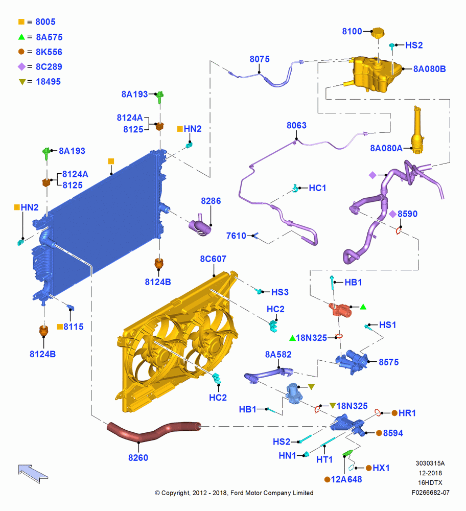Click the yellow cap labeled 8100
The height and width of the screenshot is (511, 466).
pyautogui.click(x=378, y=33)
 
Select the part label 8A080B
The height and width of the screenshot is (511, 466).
pyautogui.click(x=430, y=69)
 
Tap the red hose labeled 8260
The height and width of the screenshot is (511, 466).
pyautogui.click(x=153, y=431)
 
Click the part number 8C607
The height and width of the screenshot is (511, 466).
pyautogui.click(x=213, y=259)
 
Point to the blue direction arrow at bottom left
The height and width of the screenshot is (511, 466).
pyautogui.click(x=33, y=473)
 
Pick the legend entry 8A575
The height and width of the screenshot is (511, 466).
pyautogui.click(x=49, y=37)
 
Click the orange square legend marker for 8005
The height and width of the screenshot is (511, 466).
pyautogui.click(x=21, y=22)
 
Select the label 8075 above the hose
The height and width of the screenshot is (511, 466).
pyautogui.click(x=260, y=59)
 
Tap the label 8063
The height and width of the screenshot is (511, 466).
pyautogui.click(x=296, y=126)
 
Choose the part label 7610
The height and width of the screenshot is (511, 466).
pyautogui.click(x=236, y=236)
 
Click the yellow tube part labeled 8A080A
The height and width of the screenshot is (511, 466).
pyautogui.click(x=417, y=130)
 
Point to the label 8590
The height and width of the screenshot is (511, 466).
pyautogui.click(x=407, y=214)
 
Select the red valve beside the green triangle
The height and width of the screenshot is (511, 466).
pyautogui.click(x=341, y=310)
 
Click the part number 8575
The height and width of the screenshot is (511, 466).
pyautogui.click(x=389, y=362)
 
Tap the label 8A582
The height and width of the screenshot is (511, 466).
pyautogui.click(x=278, y=355)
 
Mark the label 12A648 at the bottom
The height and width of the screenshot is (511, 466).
pyautogui.click(x=346, y=479)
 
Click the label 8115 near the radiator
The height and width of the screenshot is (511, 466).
pyautogui.click(x=73, y=327)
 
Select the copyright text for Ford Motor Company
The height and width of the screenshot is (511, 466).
pyautogui.click(x=234, y=493)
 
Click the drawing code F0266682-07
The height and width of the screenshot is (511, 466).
pyautogui.click(x=430, y=493)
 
